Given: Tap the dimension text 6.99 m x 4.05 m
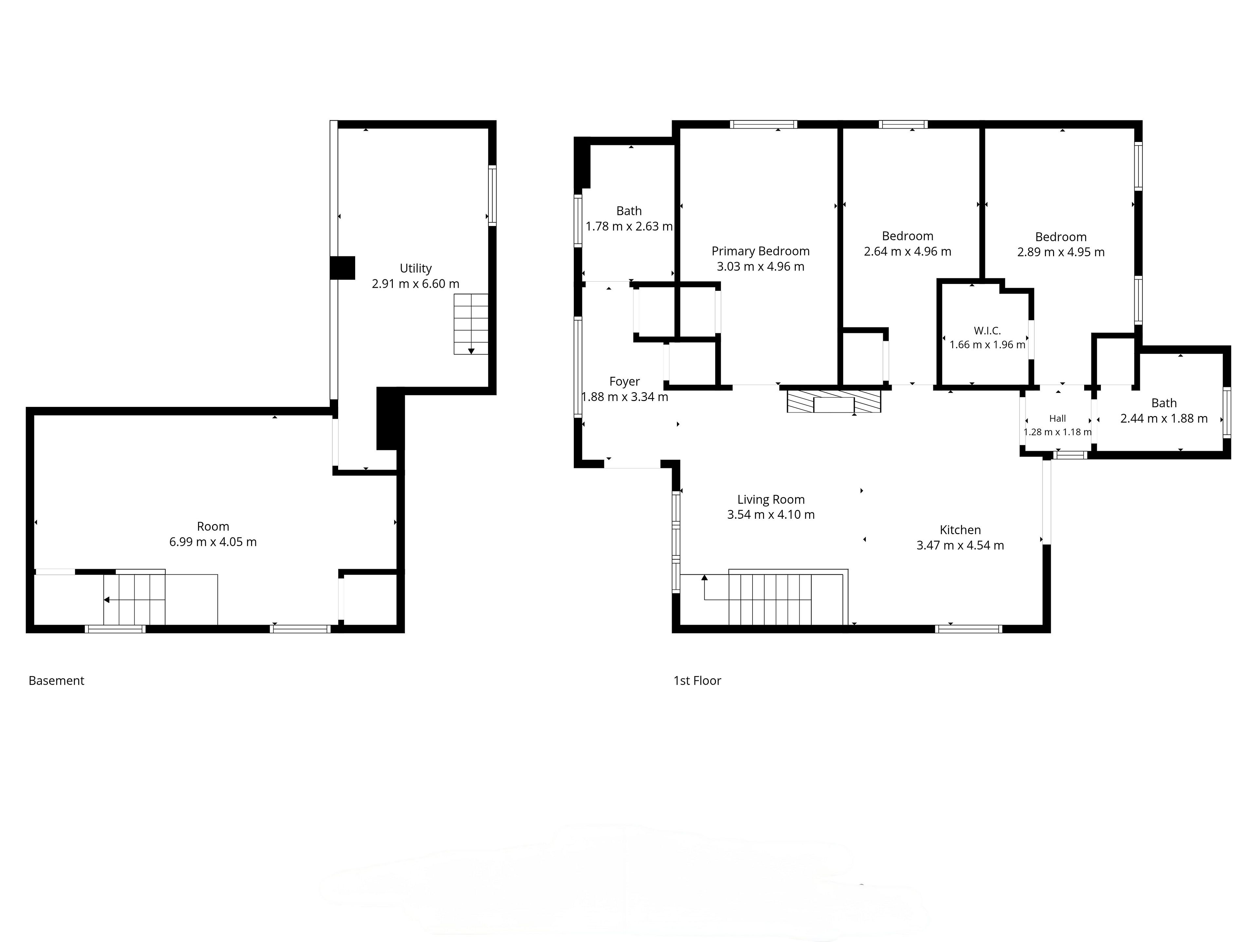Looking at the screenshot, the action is (x=213, y=542).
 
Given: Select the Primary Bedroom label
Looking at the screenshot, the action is (x=760, y=251).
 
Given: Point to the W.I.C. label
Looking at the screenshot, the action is (x=987, y=330).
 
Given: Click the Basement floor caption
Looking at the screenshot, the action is (x=56, y=680).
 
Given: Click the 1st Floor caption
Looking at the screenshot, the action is (x=697, y=680).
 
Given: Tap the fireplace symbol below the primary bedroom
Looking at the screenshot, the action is (x=834, y=401).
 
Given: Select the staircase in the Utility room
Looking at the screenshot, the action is (x=470, y=324).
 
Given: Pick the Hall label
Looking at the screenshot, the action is (x=1058, y=418).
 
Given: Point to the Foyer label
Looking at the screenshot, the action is (x=625, y=382).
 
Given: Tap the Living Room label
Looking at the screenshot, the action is (x=771, y=500).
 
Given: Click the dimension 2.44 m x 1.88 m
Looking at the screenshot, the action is (x=1164, y=418).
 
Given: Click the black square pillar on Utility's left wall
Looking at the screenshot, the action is (x=343, y=268).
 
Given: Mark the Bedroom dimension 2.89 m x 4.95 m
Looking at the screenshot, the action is (x=1061, y=252).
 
